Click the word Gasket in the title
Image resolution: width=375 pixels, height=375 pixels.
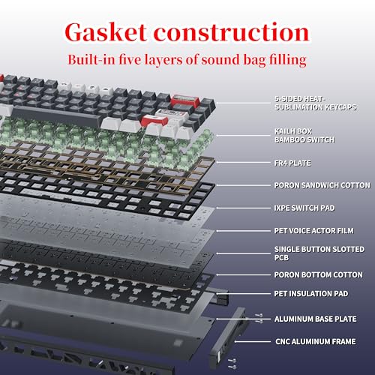[106, 32]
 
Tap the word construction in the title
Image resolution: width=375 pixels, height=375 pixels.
[232, 32]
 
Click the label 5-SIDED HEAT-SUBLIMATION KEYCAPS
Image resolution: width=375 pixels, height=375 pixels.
[316, 103]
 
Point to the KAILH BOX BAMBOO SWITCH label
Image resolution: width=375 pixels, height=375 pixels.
[304, 136]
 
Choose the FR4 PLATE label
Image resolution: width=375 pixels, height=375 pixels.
[292, 163]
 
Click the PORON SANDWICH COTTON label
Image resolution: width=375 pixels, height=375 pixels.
[322, 185]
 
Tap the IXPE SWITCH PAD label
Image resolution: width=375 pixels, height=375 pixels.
[304, 208]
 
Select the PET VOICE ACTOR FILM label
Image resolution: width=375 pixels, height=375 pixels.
[313, 231]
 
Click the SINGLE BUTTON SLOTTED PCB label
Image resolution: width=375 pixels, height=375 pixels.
[319, 253]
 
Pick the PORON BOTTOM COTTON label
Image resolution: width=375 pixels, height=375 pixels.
[318, 274]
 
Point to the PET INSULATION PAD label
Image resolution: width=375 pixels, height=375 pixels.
[311, 293]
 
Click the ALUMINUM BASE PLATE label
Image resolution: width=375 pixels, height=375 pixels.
[315, 319]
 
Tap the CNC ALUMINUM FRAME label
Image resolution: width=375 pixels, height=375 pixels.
[316, 341]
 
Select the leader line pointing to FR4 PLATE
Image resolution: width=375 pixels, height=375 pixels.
[244, 163]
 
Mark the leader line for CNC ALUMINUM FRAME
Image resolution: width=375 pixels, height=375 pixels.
[253, 341]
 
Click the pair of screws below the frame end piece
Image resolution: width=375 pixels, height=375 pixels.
[232, 364]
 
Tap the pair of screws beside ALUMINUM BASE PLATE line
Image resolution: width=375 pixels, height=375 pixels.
[259, 319]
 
